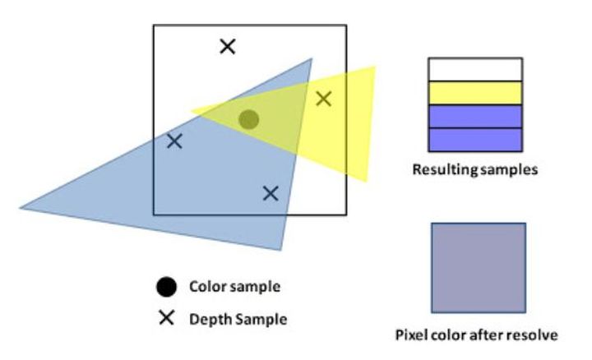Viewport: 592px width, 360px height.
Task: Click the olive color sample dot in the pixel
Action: [249, 120]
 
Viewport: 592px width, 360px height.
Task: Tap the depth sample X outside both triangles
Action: [228, 46]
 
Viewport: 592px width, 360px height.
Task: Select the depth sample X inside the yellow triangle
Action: [324, 99]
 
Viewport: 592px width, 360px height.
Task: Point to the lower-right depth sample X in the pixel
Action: [271, 193]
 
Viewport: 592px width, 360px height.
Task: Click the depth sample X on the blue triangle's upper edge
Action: [174, 141]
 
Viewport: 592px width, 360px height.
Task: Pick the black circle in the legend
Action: [166, 287]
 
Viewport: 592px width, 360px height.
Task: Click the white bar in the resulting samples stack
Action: [475, 69]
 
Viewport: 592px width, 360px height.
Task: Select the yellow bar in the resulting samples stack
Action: [475, 93]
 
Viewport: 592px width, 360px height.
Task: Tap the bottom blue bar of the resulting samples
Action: [475, 140]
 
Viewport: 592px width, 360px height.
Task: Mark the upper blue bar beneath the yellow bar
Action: [475, 117]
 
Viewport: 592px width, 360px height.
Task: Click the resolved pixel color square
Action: [479, 267]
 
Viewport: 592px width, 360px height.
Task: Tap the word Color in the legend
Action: [205, 287]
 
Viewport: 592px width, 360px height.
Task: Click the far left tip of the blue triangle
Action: [21, 208]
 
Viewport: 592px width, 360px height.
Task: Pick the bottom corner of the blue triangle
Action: [282, 249]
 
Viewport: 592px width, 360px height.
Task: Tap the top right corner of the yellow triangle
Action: [374, 67]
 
